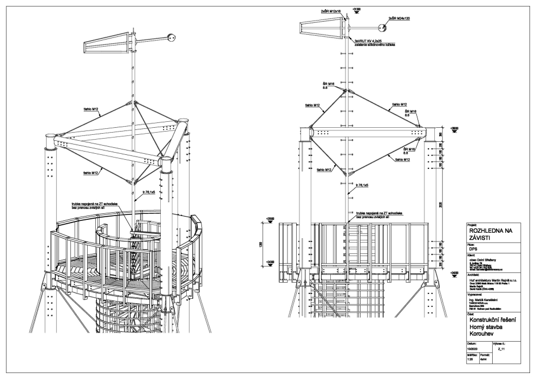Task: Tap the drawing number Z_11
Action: coord(502,350)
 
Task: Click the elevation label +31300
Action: coord(356,10)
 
